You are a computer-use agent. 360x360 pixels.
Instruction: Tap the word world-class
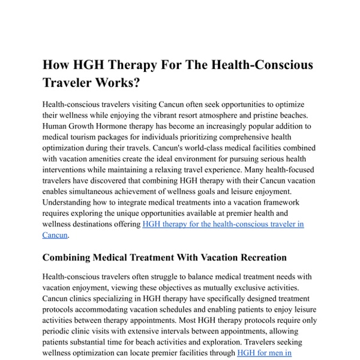[x=195, y=148]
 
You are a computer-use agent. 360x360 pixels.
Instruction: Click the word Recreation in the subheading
[x=256, y=257]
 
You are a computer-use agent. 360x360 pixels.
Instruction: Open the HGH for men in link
[x=264, y=353]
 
